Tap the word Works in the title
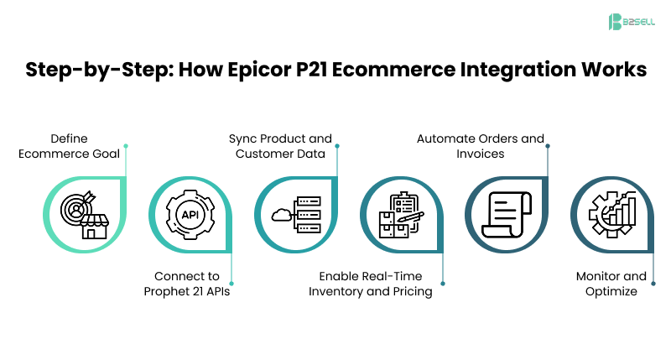[608, 70]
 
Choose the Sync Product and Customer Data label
[280, 145]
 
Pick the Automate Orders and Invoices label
[480, 145]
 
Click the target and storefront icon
[81, 213]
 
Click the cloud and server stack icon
[293, 213]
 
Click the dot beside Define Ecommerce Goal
[126, 145]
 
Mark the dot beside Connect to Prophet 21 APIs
[231, 284]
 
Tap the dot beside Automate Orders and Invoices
[548, 145]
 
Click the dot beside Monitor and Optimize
[653, 284]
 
